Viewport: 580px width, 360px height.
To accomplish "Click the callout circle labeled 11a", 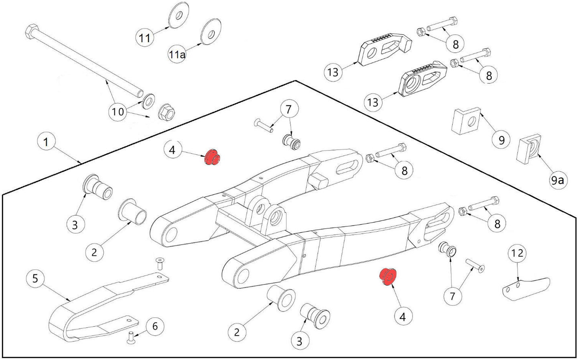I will tap(177, 54).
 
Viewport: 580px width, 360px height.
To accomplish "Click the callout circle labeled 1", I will tap(46, 142).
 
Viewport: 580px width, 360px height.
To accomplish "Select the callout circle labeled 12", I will tap(517, 253).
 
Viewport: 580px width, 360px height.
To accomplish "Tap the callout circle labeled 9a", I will tap(557, 181).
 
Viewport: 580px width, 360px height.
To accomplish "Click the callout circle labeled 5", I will tap(35, 278).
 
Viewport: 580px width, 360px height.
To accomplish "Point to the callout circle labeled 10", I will tap(118, 111).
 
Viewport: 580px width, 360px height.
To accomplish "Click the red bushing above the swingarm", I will tap(212, 158).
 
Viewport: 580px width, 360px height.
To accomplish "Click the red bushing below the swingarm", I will tap(388, 277).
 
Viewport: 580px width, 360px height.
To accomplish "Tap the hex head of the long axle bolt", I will tap(31, 31).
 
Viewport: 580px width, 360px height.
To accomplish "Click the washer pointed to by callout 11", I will tap(177, 16).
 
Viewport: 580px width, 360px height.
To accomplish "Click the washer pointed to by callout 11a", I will tap(211, 31).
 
